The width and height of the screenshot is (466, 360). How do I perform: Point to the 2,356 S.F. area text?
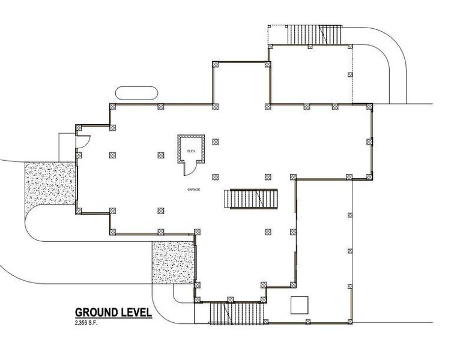pyautogui.click(x=86, y=323)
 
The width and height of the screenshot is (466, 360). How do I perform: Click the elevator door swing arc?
pyautogui.click(x=189, y=169)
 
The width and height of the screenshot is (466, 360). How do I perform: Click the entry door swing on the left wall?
pyautogui.click(x=84, y=142)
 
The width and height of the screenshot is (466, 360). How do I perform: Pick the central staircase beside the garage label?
pyautogui.click(x=252, y=199)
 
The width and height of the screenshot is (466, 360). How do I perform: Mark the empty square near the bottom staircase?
pyautogui.click(x=299, y=305)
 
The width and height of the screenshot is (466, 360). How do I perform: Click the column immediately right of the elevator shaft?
pyautogui.click(x=216, y=142)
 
